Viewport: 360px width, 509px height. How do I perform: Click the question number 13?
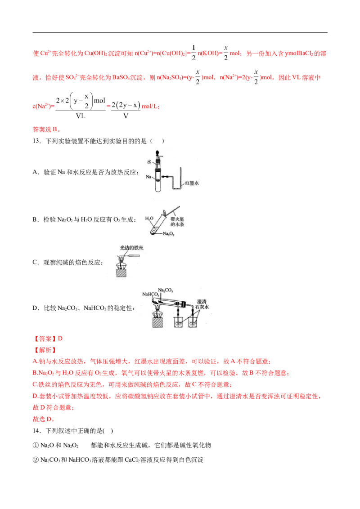[x=36, y=141]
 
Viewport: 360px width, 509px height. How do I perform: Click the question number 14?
[x=36, y=431]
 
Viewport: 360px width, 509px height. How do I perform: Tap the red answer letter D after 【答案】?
[x=60, y=339]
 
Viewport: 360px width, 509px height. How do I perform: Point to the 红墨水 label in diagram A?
[x=192, y=183]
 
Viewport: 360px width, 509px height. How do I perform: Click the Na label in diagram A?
[x=148, y=177]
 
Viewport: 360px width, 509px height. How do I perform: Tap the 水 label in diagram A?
[x=149, y=162]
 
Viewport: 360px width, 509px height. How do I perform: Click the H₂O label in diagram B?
[x=149, y=219]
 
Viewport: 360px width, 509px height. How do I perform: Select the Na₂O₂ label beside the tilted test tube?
[x=169, y=234]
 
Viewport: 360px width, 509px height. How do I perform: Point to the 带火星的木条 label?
[x=177, y=222]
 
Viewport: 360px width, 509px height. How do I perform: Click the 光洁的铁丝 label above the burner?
[x=131, y=248]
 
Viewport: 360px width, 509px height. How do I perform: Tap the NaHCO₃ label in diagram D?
[x=151, y=295]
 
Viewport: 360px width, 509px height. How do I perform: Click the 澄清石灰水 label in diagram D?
[x=202, y=304]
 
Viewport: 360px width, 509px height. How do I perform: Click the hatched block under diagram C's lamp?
[x=121, y=272]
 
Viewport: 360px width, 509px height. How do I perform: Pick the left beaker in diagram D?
[x=178, y=322]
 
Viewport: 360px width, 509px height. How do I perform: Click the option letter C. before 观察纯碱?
[x=36, y=262]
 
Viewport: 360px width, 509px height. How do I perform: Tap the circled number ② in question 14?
[x=36, y=460]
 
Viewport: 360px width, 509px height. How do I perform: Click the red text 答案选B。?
[x=46, y=129]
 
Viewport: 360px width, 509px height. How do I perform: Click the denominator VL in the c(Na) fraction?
[x=80, y=116]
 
